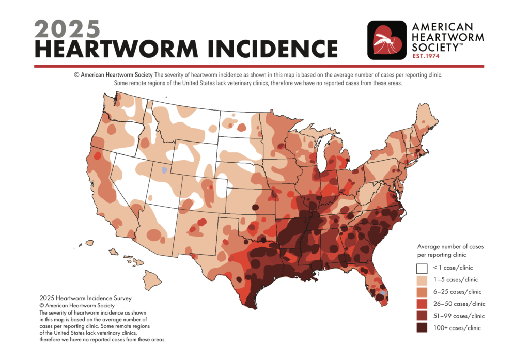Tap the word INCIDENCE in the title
coord(269,48)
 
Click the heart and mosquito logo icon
coord(386,40)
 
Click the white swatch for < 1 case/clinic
coord(422,268)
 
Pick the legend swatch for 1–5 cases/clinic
coord(422,280)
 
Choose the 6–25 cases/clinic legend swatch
coord(422,292)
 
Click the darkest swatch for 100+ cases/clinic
coord(422,327)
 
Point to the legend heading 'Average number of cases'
coord(450,247)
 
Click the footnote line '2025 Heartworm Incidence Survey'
coord(85,299)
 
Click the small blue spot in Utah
coord(164,169)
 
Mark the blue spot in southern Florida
coord(383,293)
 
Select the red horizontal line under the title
coord(258,66)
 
